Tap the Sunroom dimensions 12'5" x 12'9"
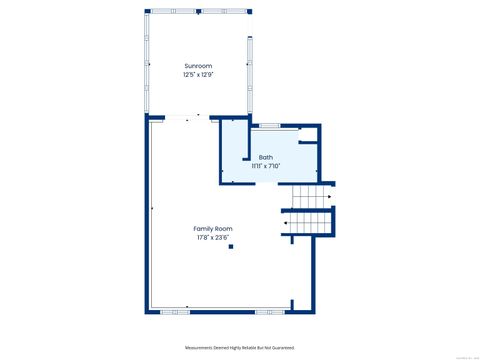(197, 73)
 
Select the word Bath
(265, 157)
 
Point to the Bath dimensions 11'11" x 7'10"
(265, 166)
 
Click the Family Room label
(213, 228)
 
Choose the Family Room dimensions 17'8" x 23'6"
(213, 237)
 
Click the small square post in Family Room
(230, 246)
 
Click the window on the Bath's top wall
(267, 126)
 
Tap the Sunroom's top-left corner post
(149, 11)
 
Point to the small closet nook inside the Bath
(308, 150)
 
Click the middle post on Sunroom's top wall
(198, 11)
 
